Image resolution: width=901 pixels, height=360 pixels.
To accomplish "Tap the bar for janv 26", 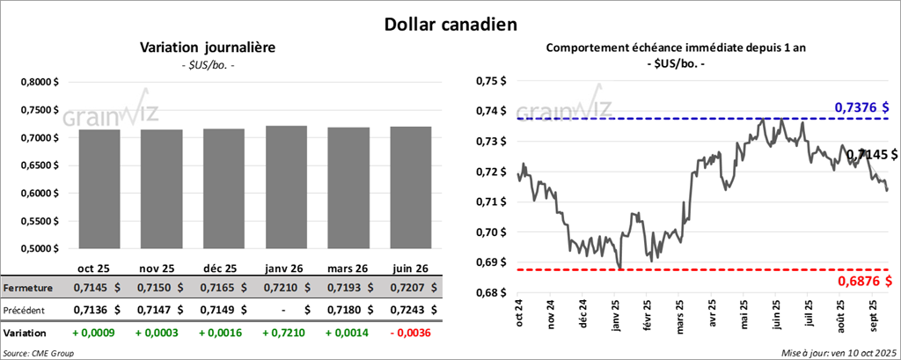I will point(286,186).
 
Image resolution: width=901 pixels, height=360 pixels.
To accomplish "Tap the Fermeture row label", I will point(29,287).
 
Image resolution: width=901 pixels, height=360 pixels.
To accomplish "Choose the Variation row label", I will point(26,334).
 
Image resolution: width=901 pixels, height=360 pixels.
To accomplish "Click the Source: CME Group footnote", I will point(39,352).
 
